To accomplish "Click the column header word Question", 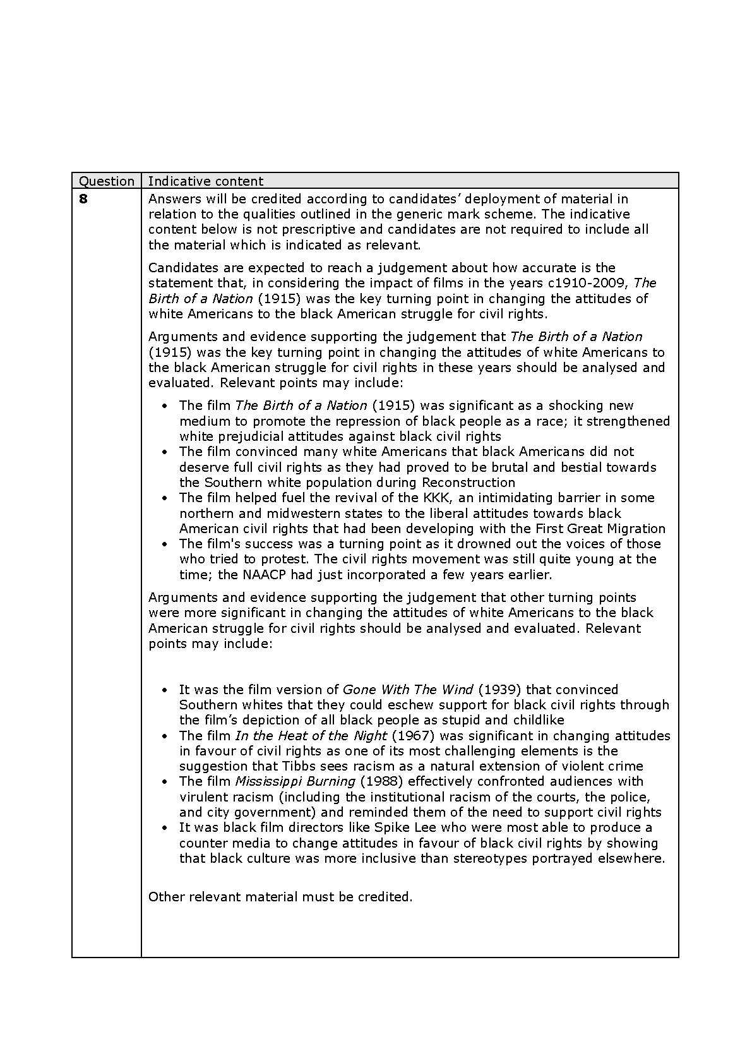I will click(106, 181).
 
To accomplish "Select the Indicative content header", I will click(205, 181).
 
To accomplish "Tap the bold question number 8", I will click(83, 199).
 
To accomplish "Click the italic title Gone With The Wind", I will click(407, 690).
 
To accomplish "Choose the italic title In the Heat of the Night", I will click(311, 736).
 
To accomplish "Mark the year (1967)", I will click(414, 736).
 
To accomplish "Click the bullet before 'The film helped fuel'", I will click(165, 498).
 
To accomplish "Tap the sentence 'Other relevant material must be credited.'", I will click(280, 897).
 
